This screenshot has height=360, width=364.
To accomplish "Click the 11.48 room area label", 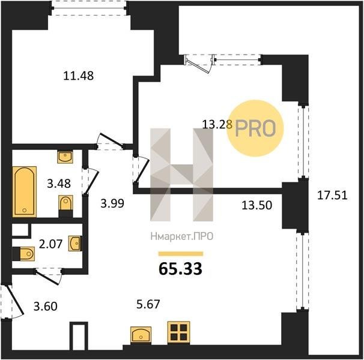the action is click(79, 76).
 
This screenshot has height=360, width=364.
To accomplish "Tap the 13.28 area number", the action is click(217, 124).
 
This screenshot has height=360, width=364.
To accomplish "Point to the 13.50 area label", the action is click(256, 205).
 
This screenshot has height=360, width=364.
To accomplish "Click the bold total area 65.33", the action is click(180, 269).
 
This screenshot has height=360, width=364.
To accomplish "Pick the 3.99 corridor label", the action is click(112, 203).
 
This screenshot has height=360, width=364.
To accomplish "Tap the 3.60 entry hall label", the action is click(46, 306).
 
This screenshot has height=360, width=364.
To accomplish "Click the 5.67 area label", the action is click(148, 304).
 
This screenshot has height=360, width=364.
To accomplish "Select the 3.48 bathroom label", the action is click(59, 184).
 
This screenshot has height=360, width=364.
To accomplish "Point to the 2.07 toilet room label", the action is click(50, 244).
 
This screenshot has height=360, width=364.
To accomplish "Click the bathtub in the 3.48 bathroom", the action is click(25, 191).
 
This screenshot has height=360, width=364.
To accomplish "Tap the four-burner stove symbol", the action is click(179, 332).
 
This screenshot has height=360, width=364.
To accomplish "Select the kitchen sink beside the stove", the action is click(141, 334).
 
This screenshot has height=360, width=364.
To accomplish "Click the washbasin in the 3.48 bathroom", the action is click(65, 157).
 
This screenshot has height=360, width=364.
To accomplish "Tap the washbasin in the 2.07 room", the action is click(74, 243).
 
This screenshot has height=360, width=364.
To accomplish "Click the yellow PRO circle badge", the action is click(255, 128).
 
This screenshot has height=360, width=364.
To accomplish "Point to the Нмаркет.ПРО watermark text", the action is click(182, 237).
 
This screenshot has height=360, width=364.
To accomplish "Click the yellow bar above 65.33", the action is click(181, 254).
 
